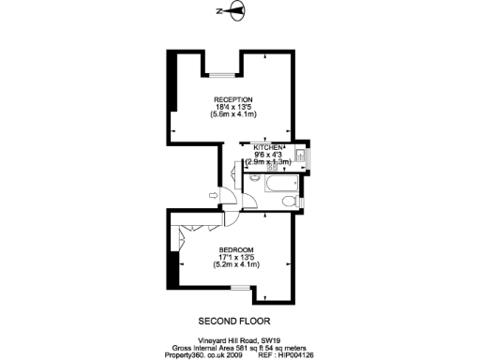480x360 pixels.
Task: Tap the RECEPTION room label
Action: coord(232,98)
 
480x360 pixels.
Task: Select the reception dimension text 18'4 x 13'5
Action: coord(232,106)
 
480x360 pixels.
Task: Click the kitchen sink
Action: coord(297,154)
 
